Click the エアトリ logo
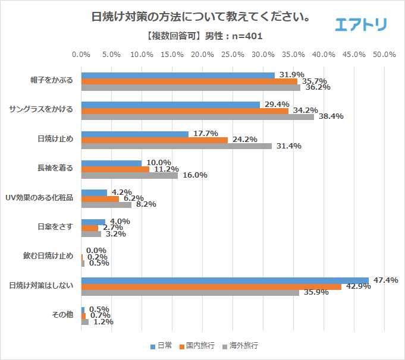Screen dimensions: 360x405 point(361,24)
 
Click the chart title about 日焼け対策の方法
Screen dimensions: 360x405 point(202,17)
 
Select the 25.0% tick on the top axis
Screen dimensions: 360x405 point(233,55)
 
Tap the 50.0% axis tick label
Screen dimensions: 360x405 point(384,55)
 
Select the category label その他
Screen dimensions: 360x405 point(63,315)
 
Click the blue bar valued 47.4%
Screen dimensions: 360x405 point(225,280)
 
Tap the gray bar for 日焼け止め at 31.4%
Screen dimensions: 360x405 point(176,146)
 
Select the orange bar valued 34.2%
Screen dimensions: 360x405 point(184,110)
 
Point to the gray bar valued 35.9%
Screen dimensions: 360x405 point(190,292)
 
